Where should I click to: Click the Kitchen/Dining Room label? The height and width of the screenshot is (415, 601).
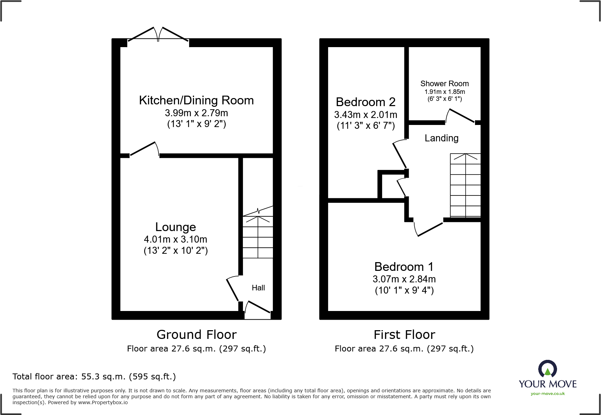tap(196, 101)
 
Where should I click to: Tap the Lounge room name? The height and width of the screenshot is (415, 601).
tap(176, 227)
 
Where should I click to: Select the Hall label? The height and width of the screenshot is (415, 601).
tap(258, 288)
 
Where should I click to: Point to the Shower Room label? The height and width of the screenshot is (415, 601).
tap(444, 84)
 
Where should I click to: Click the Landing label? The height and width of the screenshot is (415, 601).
tap(442, 138)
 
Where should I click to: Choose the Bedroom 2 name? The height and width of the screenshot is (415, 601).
tap(365, 102)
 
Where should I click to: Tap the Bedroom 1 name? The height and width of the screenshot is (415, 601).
tap(404, 267)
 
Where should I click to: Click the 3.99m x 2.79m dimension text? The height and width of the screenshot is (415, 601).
tap(196, 113)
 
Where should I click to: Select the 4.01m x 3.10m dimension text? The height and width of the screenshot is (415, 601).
tap(176, 239)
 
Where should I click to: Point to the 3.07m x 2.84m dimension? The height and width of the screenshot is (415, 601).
tap(404, 279)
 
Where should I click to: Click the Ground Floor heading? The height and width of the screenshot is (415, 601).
tap(196, 334)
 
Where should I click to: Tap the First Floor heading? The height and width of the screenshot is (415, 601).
tap(404, 334)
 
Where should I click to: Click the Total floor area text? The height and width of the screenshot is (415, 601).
tap(94, 377)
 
